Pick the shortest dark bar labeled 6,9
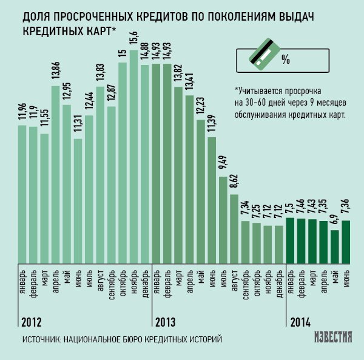(335, 246)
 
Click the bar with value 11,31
(78, 201)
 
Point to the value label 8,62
(234, 182)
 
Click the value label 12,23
(200, 106)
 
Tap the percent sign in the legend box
(286, 59)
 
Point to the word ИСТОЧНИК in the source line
(40, 339)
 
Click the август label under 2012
(101, 283)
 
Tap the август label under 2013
(234, 283)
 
